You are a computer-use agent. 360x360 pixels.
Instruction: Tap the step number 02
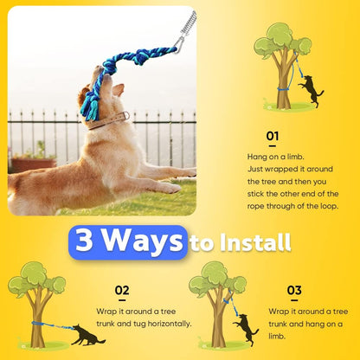click(121, 291)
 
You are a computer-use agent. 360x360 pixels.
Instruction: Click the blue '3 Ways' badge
click(127, 241)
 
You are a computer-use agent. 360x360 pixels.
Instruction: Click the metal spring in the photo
click(187, 26)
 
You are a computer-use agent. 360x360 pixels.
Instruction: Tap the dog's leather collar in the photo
click(109, 119)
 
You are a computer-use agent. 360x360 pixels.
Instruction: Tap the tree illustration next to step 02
click(36, 299)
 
